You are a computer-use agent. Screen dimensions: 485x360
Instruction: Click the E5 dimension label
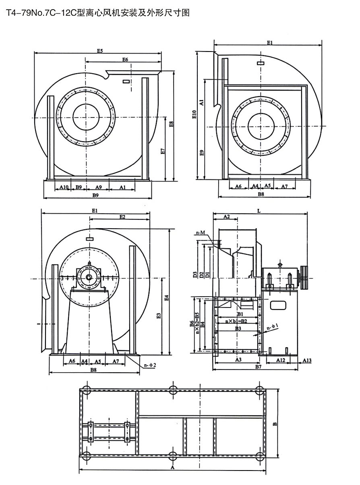point(100,51)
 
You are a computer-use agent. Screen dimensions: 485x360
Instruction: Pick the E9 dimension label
point(202,153)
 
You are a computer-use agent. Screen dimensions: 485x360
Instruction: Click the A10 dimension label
point(64,187)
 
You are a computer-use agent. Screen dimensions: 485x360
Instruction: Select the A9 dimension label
point(98,187)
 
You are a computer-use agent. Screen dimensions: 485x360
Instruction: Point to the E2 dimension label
point(122,217)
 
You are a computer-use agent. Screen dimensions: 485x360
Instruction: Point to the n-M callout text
point(201,233)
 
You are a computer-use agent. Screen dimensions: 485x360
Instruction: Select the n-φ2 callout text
point(150,365)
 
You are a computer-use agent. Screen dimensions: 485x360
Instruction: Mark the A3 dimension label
point(238,359)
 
